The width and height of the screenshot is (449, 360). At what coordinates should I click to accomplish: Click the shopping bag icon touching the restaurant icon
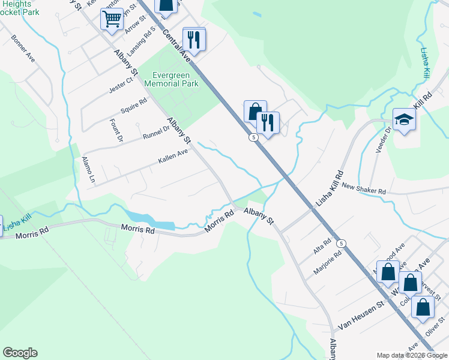(255, 111)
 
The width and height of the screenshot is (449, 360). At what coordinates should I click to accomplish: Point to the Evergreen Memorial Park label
(171, 80)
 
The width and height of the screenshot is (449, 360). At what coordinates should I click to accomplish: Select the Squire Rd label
(133, 106)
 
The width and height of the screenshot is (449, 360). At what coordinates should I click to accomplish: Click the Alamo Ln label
(88, 170)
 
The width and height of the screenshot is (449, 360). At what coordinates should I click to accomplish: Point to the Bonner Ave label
(22, 47)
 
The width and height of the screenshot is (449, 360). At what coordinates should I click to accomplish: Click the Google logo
(20, 353)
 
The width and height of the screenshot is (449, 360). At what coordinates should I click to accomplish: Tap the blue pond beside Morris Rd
(149, 220)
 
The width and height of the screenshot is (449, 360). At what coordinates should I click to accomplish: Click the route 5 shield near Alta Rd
(341, 243)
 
